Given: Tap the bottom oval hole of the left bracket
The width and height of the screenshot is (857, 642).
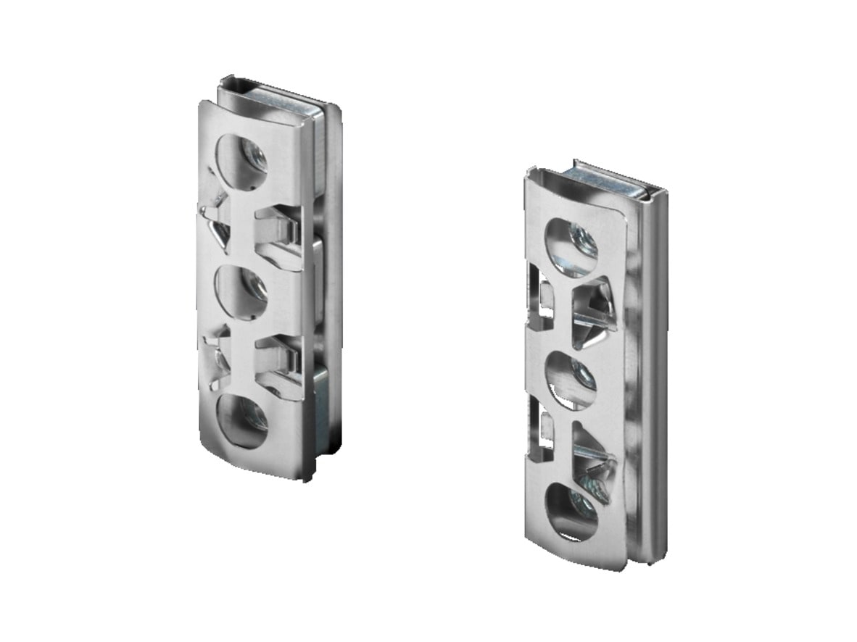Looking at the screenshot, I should (x=242, y=420).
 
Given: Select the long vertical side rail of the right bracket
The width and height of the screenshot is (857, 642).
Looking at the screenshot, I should (x=654, y=377).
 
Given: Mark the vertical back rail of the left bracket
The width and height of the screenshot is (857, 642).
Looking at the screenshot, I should (x=332, y=290).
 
